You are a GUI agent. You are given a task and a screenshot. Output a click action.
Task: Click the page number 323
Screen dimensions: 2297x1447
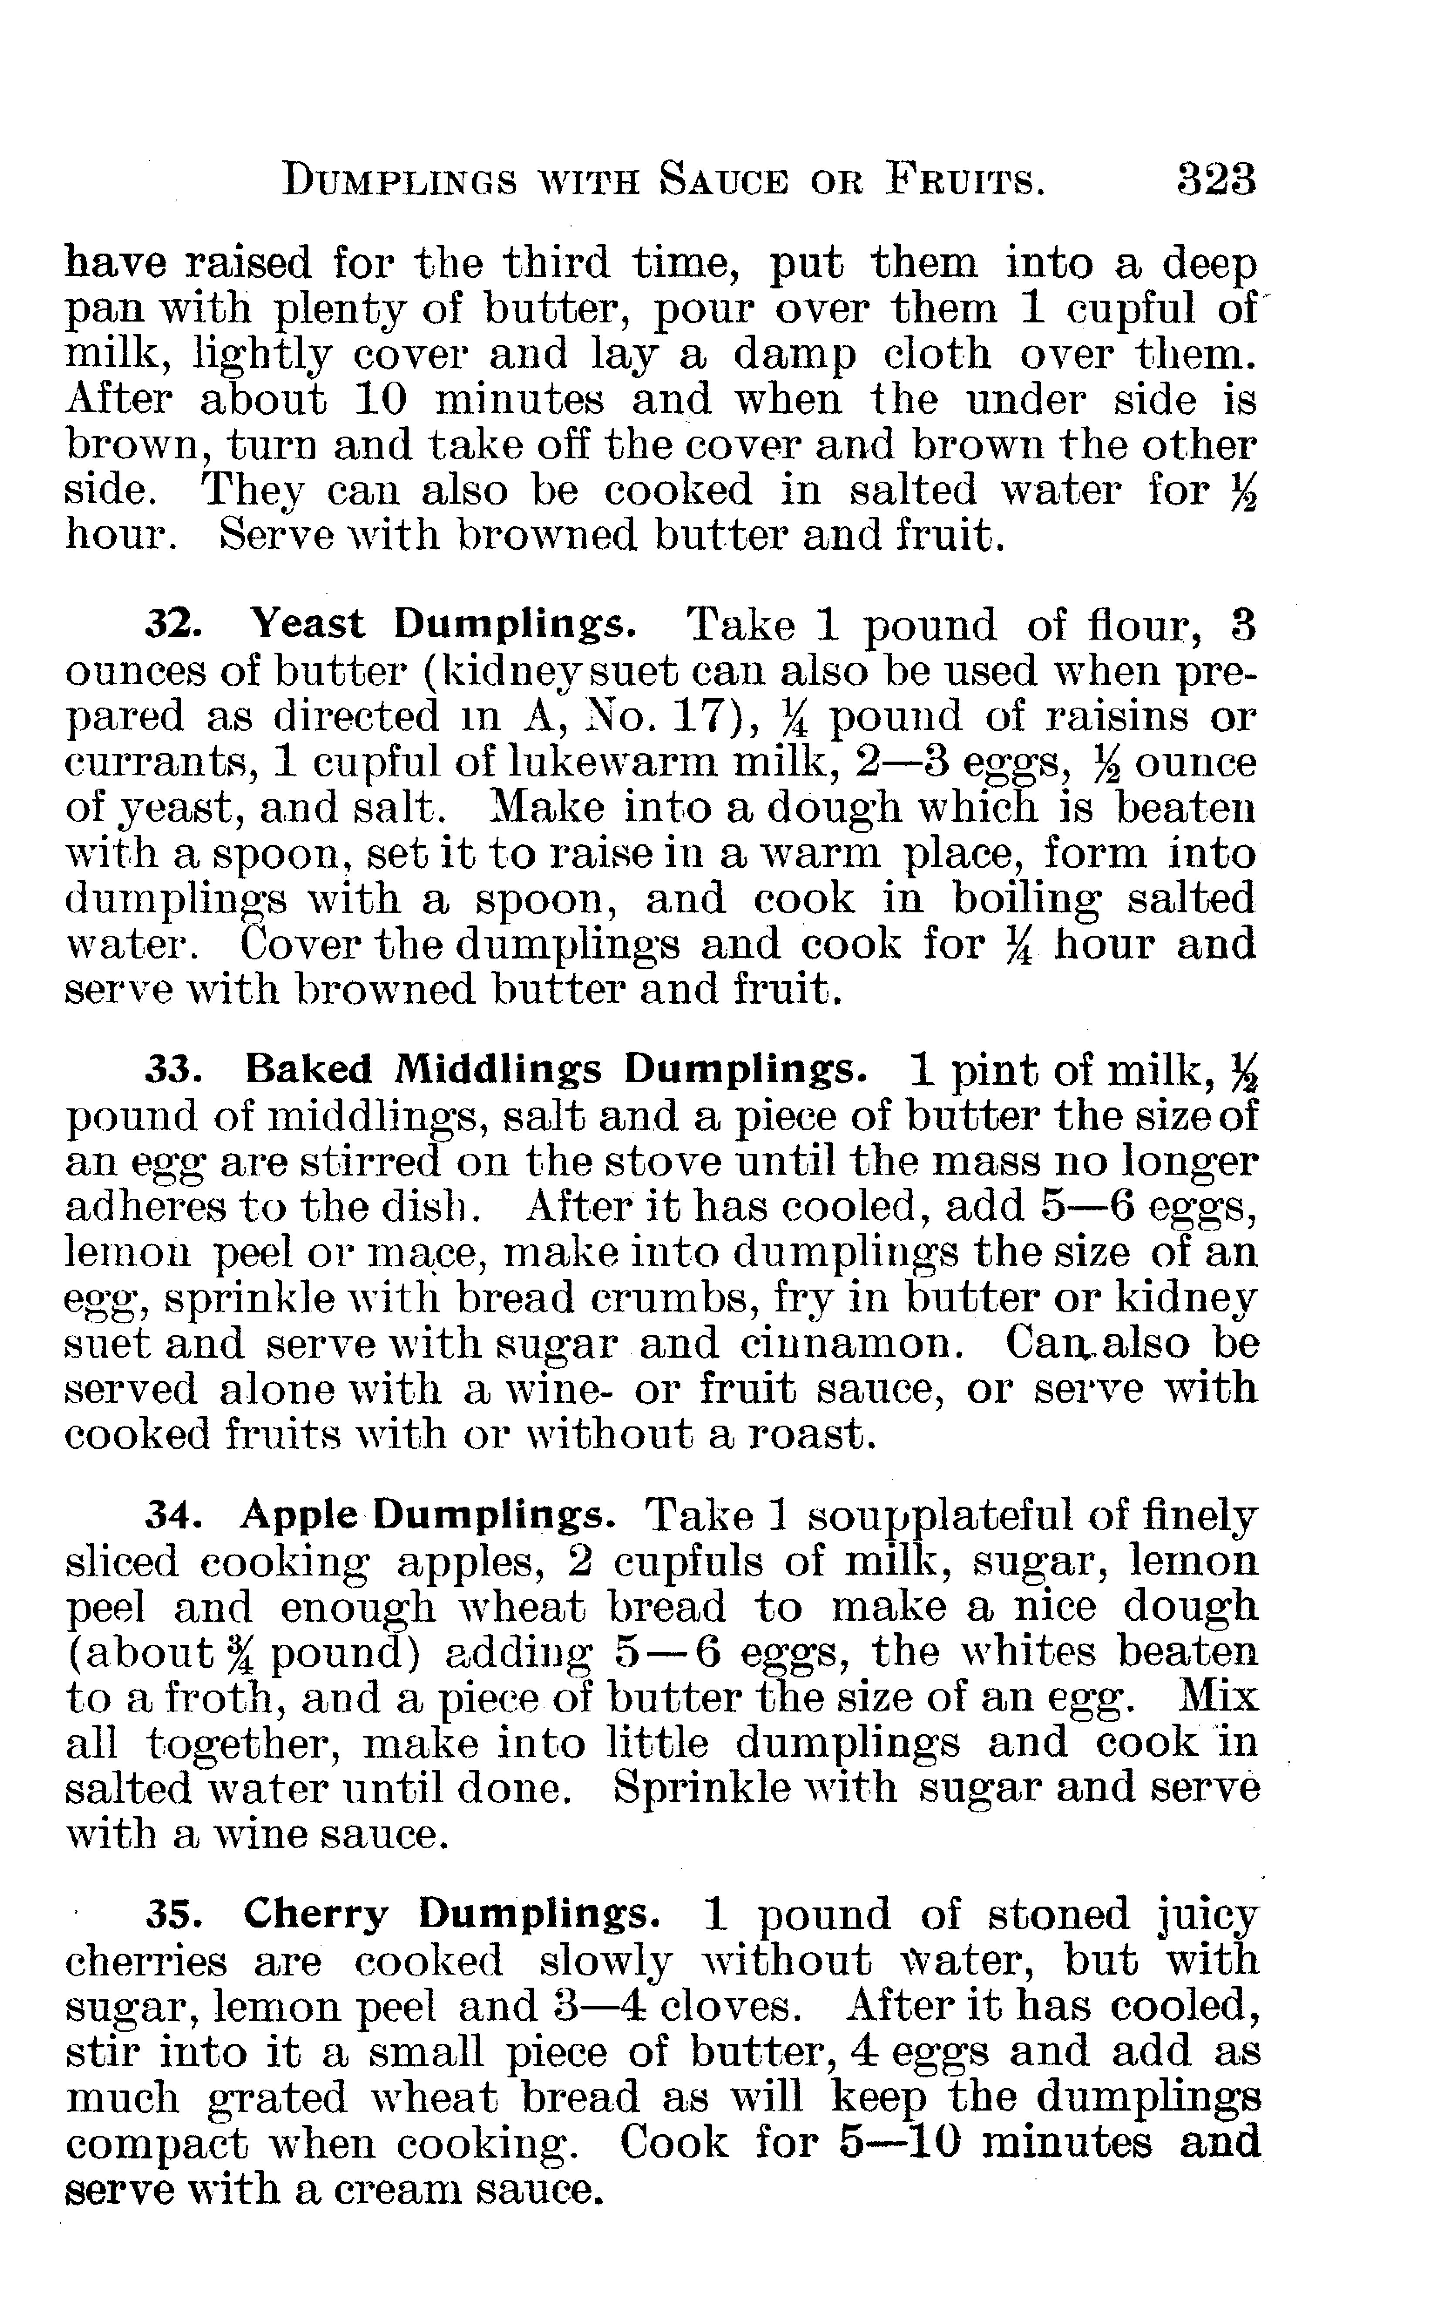pos(1216,180)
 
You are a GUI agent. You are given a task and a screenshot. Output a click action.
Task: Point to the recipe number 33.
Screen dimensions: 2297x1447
pos(172,1070)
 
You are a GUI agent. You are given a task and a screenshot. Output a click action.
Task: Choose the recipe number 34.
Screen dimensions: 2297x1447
pos(172,1516)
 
